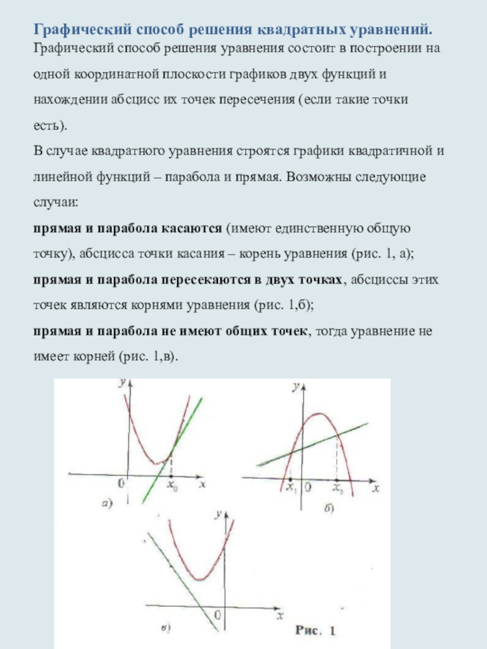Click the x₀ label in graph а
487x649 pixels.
pyautogui.click(x=172, y=486)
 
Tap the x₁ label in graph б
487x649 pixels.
pyautogui.click(x=291, y=487)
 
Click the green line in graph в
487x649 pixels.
pyautogui.click(x=183, y=578)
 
